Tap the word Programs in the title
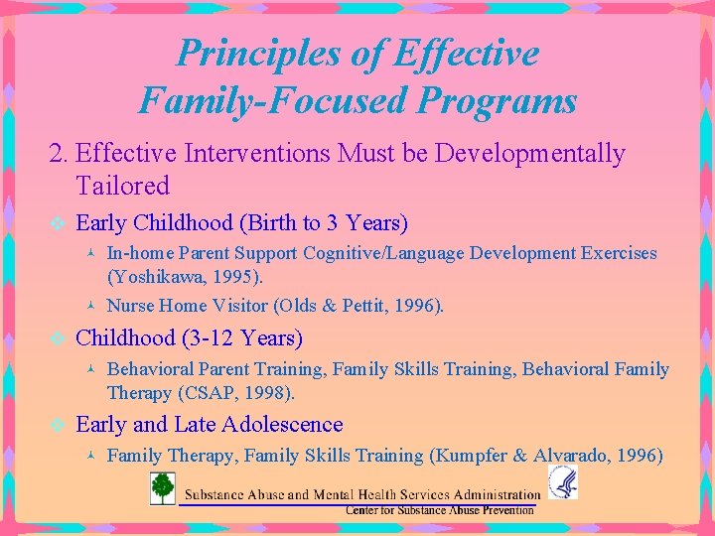498,100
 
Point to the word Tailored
122,186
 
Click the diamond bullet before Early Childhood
57,223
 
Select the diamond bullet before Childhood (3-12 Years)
57,338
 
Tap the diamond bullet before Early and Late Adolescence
57,425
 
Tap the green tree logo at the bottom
163,488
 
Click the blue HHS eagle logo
562,482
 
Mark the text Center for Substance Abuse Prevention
439,510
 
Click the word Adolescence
283,425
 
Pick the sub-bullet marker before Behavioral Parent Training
90,370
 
